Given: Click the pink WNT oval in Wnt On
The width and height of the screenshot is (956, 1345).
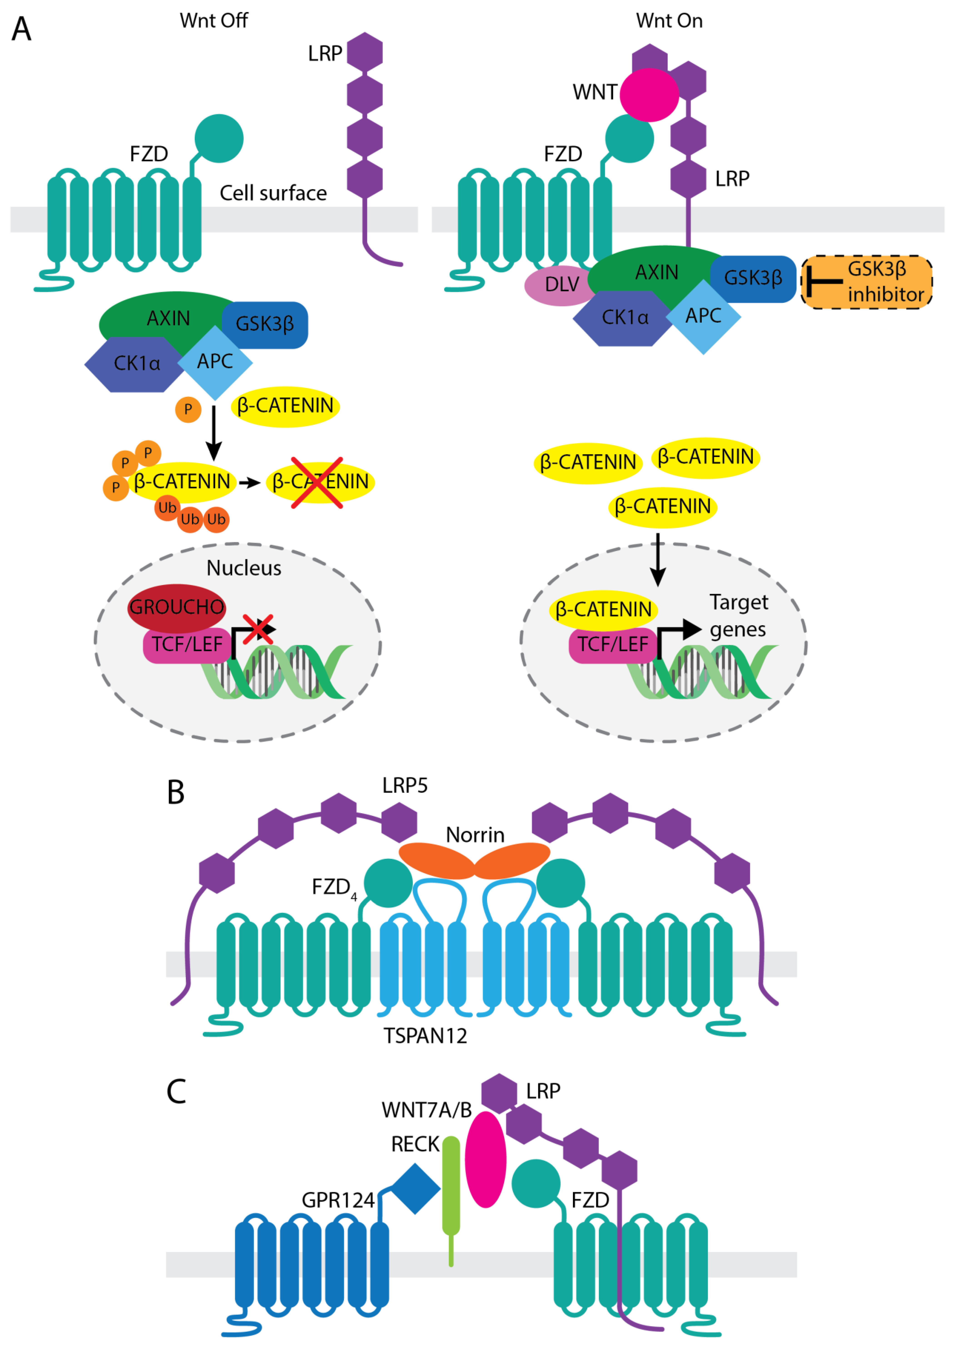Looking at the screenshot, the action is tap(649, 95).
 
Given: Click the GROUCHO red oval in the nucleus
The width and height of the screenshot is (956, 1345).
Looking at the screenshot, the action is tap(177, 607).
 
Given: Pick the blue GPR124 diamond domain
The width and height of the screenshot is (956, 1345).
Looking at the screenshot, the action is tap(416, 1188).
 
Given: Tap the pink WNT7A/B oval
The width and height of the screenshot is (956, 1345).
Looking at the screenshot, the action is tap(486, 1160).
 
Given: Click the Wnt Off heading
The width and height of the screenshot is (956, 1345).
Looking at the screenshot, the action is tap(214, 21).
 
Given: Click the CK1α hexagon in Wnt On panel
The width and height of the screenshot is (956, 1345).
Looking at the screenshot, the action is tap(624, 318).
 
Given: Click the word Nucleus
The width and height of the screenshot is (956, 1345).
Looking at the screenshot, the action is tap(244, 568).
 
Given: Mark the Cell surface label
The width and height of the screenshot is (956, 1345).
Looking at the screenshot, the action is tap(273, 193).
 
